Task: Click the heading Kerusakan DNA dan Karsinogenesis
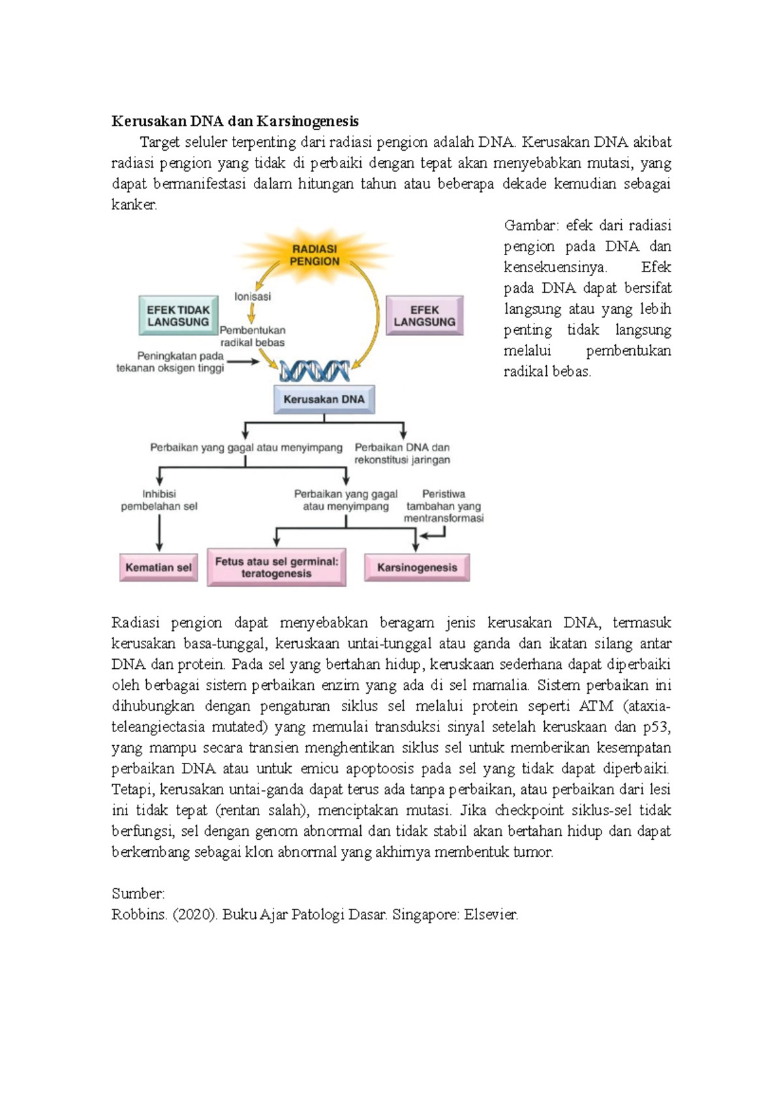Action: [x=235, y=121]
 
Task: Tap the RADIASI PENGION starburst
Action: [x=315, y=255]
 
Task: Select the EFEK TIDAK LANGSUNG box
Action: [x=178, y=316]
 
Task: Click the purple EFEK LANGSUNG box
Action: [x=424, y=316]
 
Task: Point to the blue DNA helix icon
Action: [x=315, y=371]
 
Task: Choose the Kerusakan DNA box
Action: [x=324, y=399]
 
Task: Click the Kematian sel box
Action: [x=159, y=568]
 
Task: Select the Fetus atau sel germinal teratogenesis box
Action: [x=277, y=568]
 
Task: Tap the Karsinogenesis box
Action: [x=417, y=568]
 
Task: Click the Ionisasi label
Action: [x=253, y=296]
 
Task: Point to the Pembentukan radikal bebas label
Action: [x=253, y=336]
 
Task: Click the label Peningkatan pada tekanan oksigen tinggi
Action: [x=171, y=362]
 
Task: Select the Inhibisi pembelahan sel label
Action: [x=159, y=500]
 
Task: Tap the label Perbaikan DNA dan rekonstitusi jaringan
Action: [x=402, y=454]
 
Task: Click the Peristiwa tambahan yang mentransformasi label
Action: [x=444, y=506]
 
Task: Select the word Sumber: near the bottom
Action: [x=138, y=893]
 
